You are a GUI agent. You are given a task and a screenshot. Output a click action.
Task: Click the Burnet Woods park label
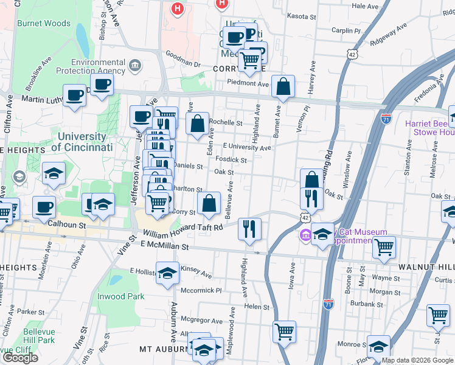tap(44, 24)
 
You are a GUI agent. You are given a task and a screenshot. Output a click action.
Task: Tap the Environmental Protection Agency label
tap(98, 66)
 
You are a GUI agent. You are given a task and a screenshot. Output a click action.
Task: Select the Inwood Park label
tap(121, 296)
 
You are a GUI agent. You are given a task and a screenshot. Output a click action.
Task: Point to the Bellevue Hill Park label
tap(39, 336)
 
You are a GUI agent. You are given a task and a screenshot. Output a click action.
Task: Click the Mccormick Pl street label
tap(202, 290)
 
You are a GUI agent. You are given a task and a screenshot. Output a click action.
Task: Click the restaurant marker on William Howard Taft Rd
tap(249, 228)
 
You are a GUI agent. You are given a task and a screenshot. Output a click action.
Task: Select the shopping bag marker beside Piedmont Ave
tap(283, 87)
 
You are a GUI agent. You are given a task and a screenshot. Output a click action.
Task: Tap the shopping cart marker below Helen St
tap(283, 332)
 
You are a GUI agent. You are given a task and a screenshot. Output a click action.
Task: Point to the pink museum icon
tap(305, 235)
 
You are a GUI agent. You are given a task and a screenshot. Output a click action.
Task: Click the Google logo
tap(20, 358)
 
